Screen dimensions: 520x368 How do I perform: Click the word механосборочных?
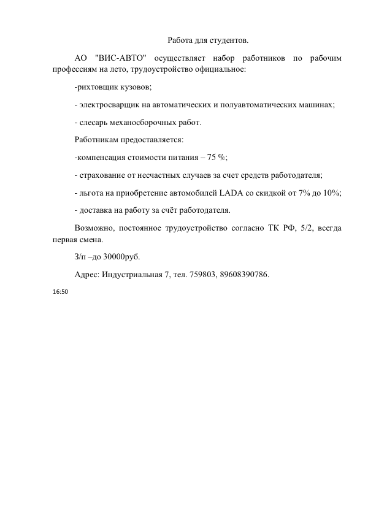pyautogui.click(x=146, y=123)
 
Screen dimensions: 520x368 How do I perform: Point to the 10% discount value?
pyautogui.click(x=332, y=193)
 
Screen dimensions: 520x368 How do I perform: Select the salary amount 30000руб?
pyautogui.click(x=125, y=256)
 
